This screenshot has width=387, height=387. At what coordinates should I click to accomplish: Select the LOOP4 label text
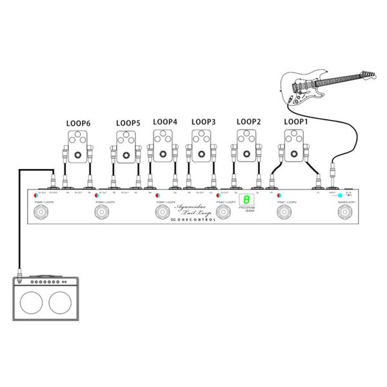click(x=165, y=121)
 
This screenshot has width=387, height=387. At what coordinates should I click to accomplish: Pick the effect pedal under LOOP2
click(x=248, y=146)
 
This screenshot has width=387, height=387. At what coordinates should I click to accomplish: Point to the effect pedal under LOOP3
click(x=203, y=146)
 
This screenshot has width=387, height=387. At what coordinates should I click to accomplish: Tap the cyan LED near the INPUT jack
click(x=339, y=195)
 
